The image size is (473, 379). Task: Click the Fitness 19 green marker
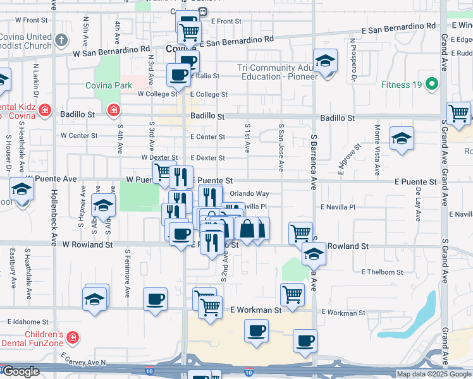[x=433, y=84]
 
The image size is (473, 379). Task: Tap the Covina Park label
[x=109, y=85]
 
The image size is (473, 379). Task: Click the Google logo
[x=20, y=371]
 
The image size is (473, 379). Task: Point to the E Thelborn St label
[x=382, y=272]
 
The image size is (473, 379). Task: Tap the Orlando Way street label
[x=249, y=194]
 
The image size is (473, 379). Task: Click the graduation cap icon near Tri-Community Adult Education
[x=326, y=61]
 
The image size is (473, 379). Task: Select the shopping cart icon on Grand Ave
[x=458, y=114]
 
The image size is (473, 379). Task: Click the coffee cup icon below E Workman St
[x=256, y=330]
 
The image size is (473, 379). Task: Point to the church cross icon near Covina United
[x=61, y=40]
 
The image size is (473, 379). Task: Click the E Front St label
[x=226, y=21]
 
